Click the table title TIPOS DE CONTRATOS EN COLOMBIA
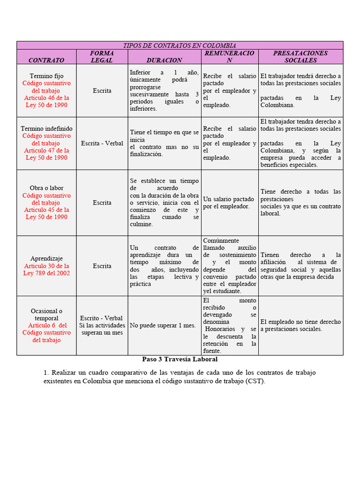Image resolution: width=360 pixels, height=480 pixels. click(x=180, y=45)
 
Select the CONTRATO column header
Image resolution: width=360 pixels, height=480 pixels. click(x=46, y=60)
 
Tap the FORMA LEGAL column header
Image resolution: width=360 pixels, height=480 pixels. click(x=102, y=57)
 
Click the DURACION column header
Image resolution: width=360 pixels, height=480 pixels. click(x=164, y=60)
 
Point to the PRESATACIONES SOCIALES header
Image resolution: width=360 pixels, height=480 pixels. click(x=300, y=57)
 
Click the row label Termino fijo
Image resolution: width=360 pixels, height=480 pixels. click(x=46, y=76)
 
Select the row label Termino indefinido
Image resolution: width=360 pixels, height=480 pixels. click(x=46, y=128)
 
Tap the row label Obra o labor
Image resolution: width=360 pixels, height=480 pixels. click(x=46, y=188)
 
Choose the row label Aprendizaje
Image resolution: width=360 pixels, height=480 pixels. click(x=46, y=258)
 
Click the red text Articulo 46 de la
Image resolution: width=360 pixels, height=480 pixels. click(x=46, y=98)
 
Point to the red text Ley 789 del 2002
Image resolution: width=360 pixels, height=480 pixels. click(x=46, y=273)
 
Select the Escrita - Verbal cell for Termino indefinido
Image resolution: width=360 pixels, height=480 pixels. click(x=102, y=143)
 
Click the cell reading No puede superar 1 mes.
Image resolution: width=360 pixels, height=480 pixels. click(x=163, y=325)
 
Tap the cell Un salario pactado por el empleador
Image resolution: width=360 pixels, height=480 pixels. click(x=229, y=202)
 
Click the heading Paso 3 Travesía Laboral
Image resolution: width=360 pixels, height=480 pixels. click(x=180, y=360)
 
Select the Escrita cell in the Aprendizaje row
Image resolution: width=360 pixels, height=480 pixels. click(x=102, y=266)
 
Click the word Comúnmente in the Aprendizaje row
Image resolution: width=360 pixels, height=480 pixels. click(x=221, y=240)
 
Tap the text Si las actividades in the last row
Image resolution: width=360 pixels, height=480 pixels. click(x=102, y=325)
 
